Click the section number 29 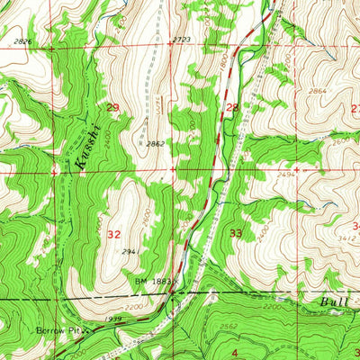[x=112, y=108]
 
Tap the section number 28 [x=232, y=108]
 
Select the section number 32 [x=113, y=233]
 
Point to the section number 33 [x=236, y=233]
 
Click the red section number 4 [x=235, y=352]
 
